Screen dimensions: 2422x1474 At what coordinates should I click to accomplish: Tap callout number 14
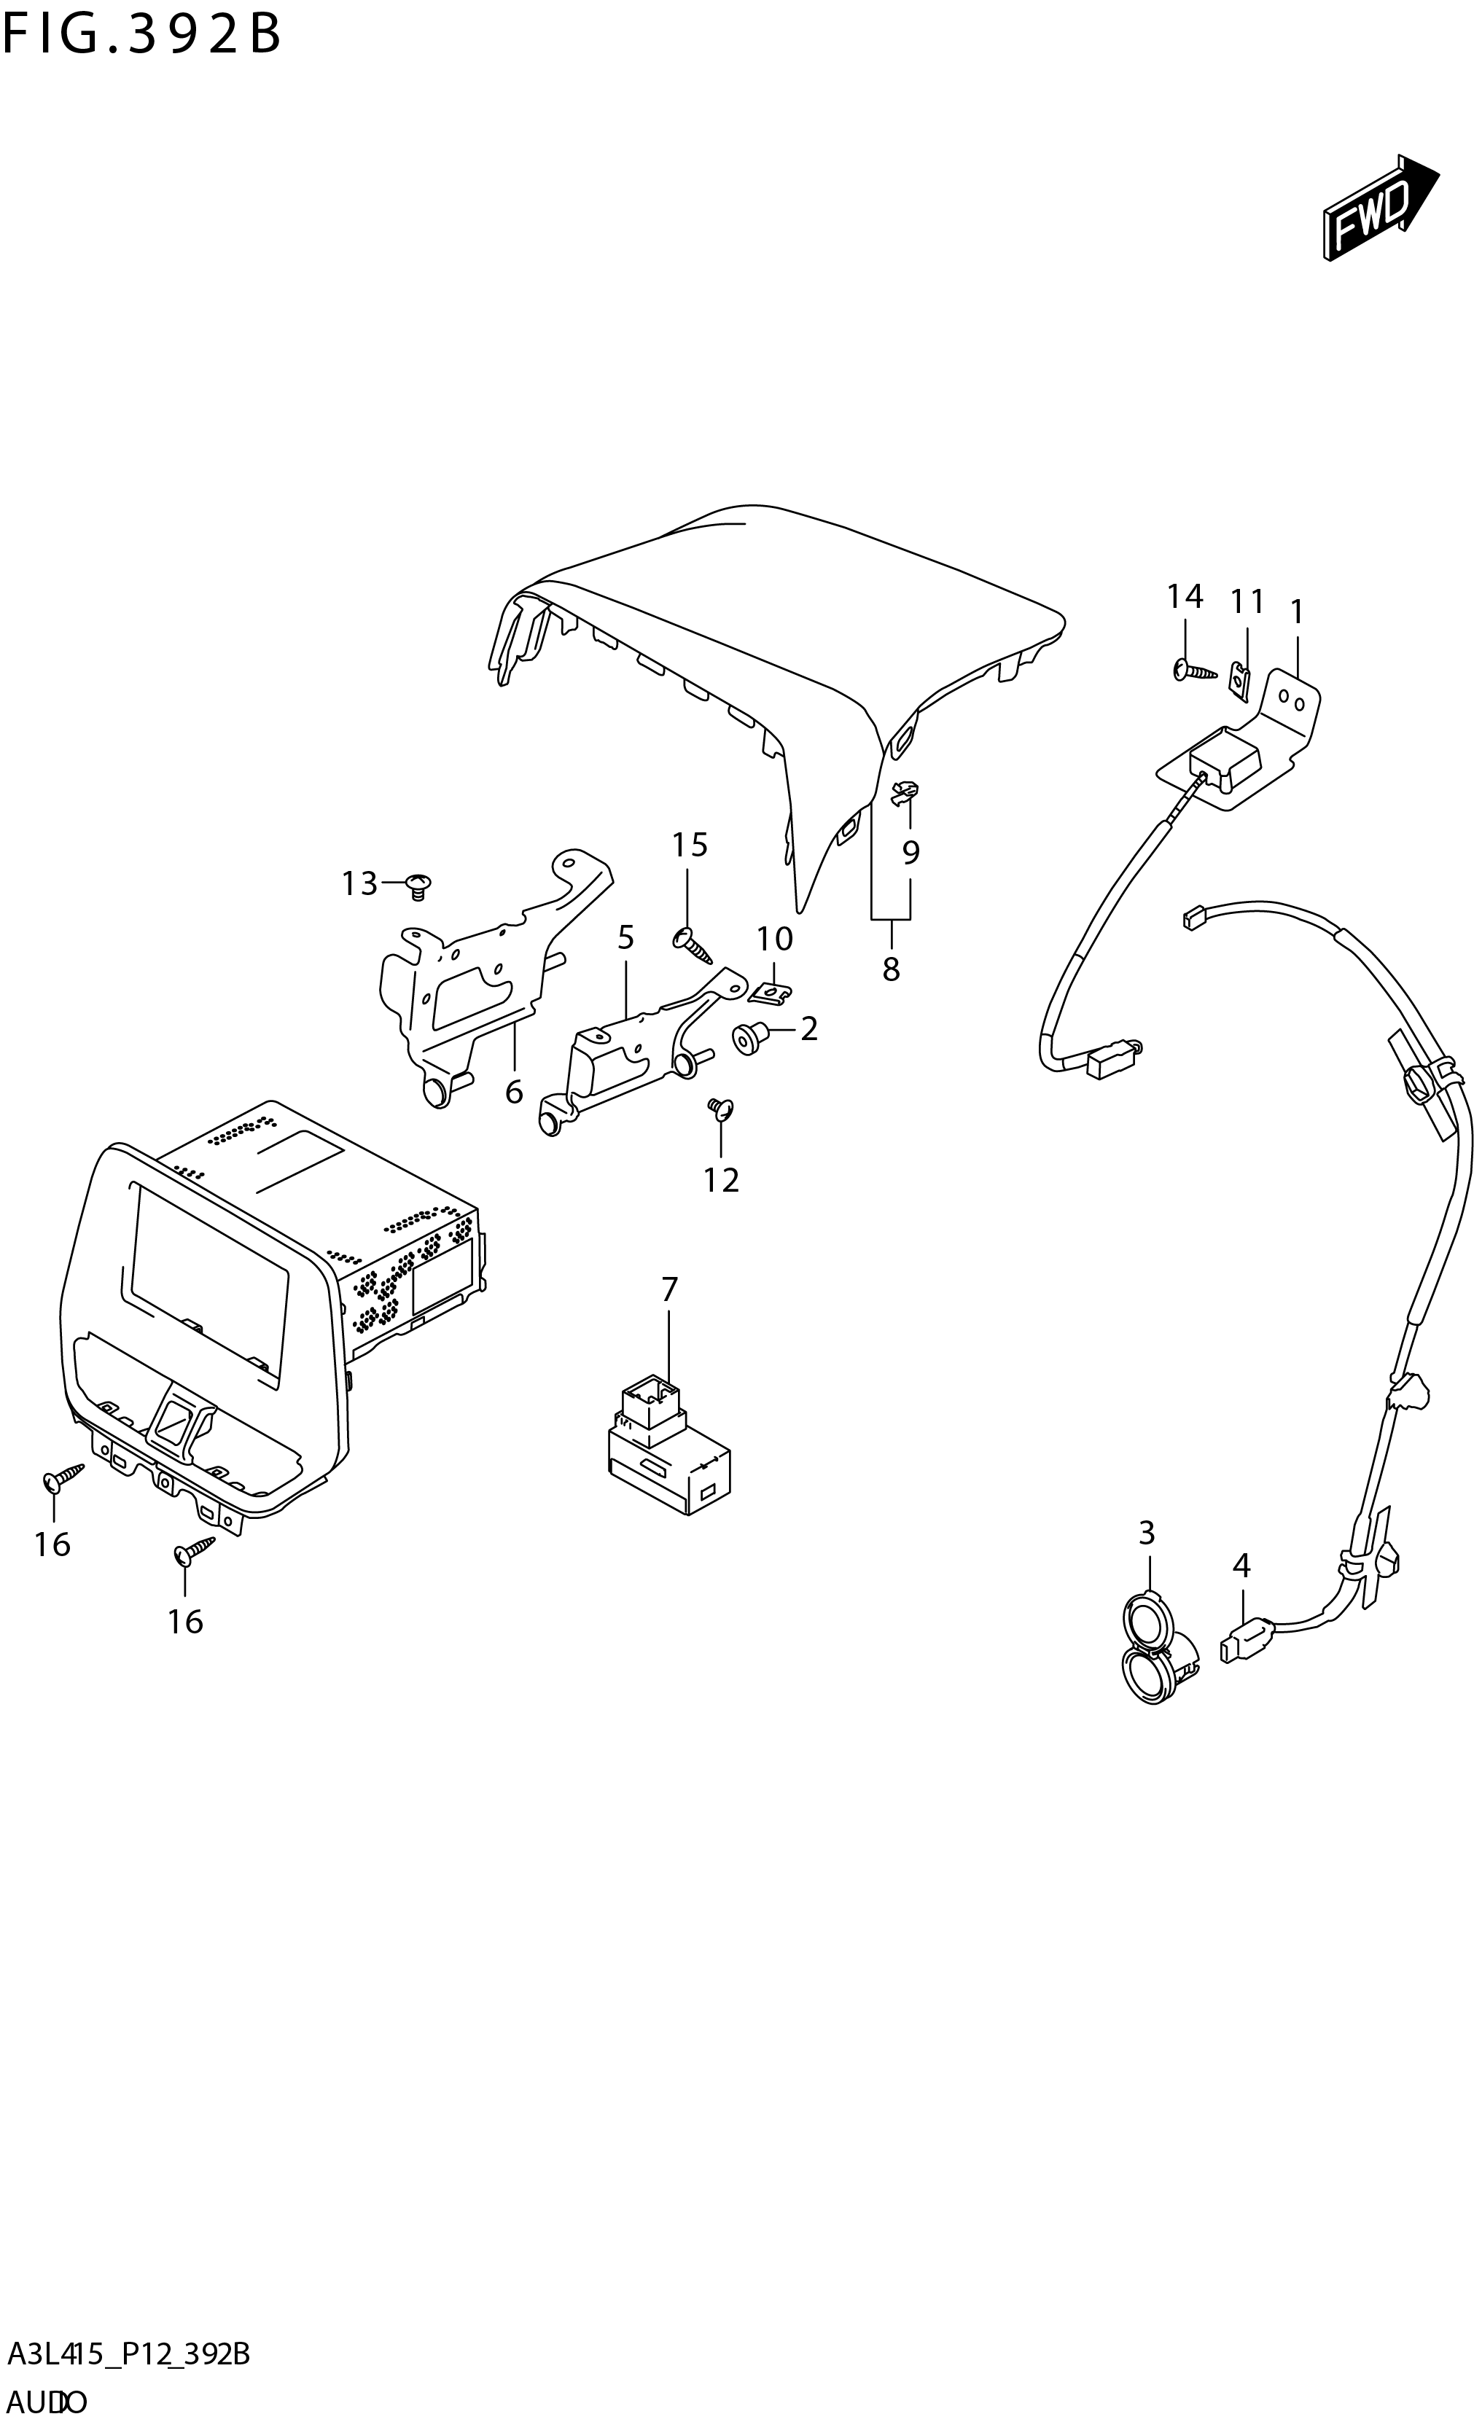tap(1184, 595)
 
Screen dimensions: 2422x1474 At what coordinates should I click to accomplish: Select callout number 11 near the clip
tap(1247, 601)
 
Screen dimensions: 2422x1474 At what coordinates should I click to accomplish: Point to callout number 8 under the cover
tap(890, 969)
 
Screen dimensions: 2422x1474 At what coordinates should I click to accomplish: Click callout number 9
tap(910, 852)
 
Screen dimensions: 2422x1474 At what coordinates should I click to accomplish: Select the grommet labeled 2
tap(750, 1037)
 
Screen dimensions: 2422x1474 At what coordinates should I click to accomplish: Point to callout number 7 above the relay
tap(668, 1289)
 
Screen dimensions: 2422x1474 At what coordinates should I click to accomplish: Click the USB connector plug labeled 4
tap(1245, 1644)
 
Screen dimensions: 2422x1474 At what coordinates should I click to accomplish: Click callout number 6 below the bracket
tap(513, 1092)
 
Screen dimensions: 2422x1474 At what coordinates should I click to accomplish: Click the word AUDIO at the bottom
tap(47, 2402)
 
